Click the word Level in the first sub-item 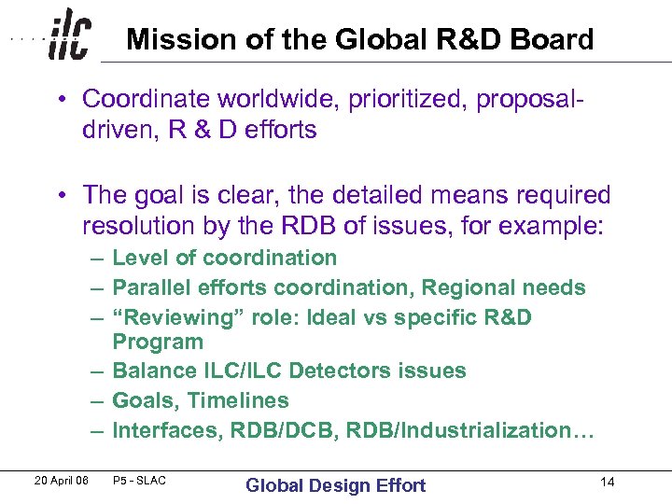[x=139, y=258]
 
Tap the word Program [x=157, y=342]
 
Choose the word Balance [x=153, y=371]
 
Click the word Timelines [x=239, y=400]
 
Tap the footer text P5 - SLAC [x=138, y=481]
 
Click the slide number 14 [x=608, y=482]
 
